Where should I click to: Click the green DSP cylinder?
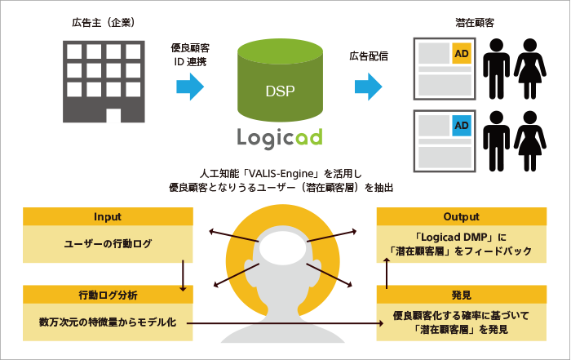(x=280, y=80)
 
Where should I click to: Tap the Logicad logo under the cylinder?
(x=280, y=138)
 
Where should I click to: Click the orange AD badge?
(x=462, y=54)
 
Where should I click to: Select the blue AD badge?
(x=462, y=126)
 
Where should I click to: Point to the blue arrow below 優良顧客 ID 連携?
(x=190, y=87)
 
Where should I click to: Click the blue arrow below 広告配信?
(x=369, y=87)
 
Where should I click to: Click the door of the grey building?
(x=113, y=115)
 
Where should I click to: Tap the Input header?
(x=108, y=216)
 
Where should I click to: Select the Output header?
(x=462, y=216)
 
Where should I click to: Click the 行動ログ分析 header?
(x=108, y=295)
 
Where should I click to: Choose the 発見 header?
(x=462, y=295)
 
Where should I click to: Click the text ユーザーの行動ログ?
(x=108, y=244)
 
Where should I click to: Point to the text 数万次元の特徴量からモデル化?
(x=108, y=322)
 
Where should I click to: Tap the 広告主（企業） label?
(x=104, y=23)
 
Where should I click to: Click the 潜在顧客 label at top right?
(x=475, y=23)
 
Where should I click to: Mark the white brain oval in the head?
(x=283, y=247)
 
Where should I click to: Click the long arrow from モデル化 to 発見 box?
(x=285, y=323)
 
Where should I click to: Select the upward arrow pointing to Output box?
(x=387, y=273)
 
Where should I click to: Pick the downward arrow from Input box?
(x=183, y=276)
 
